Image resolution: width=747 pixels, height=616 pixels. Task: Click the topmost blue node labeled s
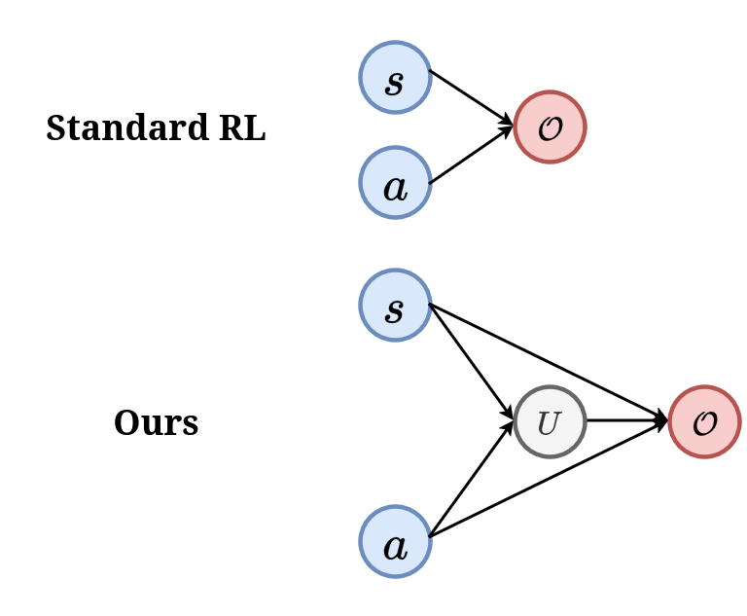tap(395, 78)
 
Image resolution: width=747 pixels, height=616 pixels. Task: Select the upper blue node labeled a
tap(395, 183)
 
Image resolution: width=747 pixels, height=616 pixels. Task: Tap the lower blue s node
tap(395, 306)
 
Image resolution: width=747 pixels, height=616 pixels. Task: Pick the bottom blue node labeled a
tap(395, 541)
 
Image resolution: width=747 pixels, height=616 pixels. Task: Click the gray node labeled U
tap(550, 421)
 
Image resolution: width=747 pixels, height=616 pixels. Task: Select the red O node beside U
tap(704, 421)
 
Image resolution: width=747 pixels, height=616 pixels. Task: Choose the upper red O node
tap(550, 127)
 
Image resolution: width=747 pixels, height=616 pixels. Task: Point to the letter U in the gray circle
tap(549, 423)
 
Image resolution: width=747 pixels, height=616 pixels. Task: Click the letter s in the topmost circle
tap(394, 82)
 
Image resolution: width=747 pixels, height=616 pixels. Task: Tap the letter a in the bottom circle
tap(395, 546)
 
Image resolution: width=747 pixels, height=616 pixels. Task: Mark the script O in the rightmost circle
tap(704, 423)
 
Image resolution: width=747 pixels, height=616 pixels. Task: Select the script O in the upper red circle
tap(550, 128)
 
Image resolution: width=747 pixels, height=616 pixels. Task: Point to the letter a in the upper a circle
tap(395, 187)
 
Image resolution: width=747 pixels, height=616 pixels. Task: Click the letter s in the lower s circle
tap(394, 309)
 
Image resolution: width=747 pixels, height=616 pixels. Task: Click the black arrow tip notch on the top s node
tap(430, 74)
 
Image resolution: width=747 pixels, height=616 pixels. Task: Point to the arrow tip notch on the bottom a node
tap(430, 537)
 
